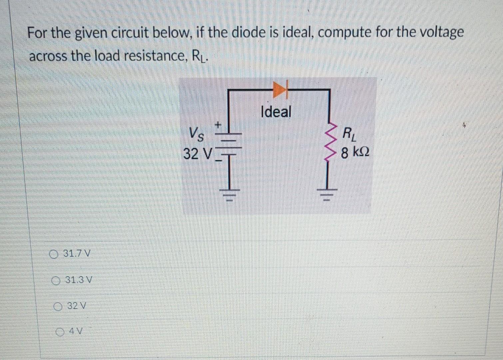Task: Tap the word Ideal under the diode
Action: coord(276,112)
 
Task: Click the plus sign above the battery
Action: coord(218,125)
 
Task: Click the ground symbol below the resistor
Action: coord(329,195)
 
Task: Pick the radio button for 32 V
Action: coord(59,305)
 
